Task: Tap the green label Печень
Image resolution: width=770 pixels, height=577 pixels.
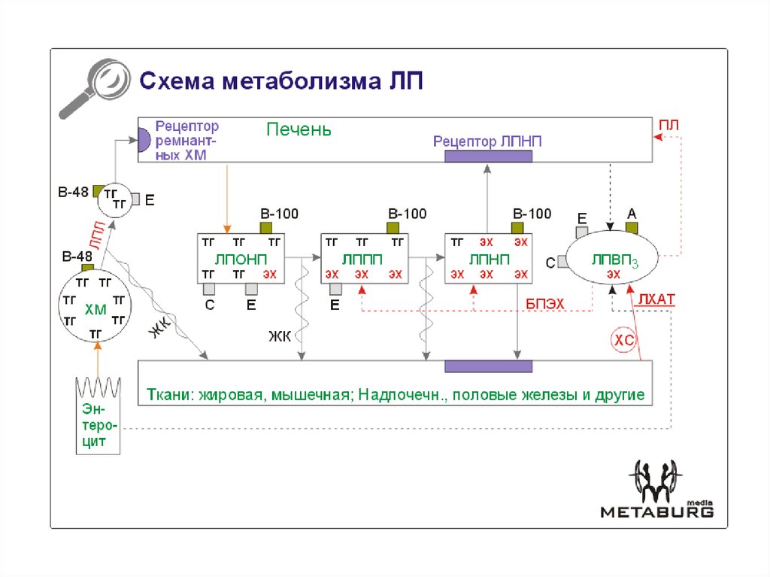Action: click(299, 129)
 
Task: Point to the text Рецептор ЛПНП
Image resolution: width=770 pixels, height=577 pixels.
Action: click(487, 141)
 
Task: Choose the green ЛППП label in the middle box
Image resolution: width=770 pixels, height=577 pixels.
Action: click(362, 259)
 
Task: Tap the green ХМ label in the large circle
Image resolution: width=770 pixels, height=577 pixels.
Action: click(95, 309)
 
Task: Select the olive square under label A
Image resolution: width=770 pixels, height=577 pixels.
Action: click(632, 227)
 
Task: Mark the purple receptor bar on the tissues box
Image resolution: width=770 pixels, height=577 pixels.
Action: click(488, 366)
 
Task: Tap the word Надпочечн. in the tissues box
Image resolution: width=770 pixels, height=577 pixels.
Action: click(404, 395)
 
